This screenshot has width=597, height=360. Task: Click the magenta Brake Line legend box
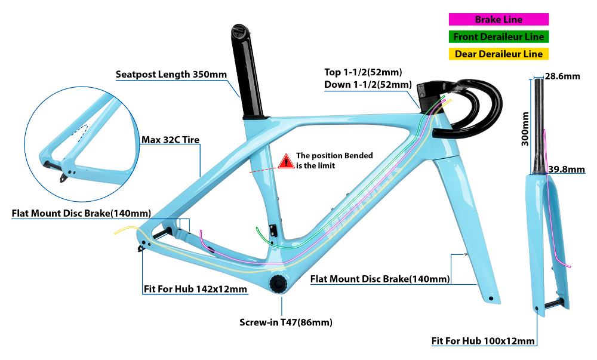coord(498,20)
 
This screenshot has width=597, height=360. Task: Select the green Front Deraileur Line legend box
coord(498,37)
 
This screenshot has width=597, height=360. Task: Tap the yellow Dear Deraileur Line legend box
coord(498,54)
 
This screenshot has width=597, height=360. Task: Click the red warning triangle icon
coord(285,161)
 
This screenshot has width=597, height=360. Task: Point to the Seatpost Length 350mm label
coord(171,74)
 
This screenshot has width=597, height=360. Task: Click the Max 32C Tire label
coord(171,140)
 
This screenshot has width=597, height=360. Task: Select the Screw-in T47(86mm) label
coord(286,322)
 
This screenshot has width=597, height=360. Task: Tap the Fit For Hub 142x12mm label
coord(195,289)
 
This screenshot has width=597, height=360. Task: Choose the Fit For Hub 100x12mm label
coord(483,341)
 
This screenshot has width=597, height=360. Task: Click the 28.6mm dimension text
coord(562,76)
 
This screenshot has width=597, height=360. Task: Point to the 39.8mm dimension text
coord(567,169)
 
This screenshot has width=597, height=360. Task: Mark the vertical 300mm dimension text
coord(525,129)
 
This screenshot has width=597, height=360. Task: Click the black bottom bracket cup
coord(279,283)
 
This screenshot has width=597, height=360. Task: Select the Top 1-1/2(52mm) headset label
coord(363,72)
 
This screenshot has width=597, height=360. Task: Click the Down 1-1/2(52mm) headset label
coord(368,84)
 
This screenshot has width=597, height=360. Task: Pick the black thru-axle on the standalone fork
coord(553,303)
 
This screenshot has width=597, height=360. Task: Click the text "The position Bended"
coord(334,155)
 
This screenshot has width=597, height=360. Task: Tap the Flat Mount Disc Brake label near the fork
coord(380,279)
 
